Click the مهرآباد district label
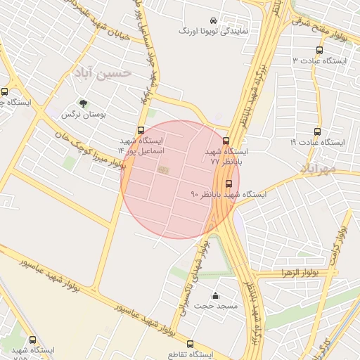point(316,167)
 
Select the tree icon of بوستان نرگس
point(84,103)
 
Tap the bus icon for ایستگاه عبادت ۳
point(320,51)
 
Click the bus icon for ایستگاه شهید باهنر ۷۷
point(226,141)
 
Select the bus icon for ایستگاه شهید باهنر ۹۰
point(228,183)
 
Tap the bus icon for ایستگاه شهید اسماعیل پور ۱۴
point(141,130)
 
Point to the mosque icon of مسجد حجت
point(216,295)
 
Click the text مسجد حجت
point(217,306)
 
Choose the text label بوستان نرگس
point(77,114)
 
